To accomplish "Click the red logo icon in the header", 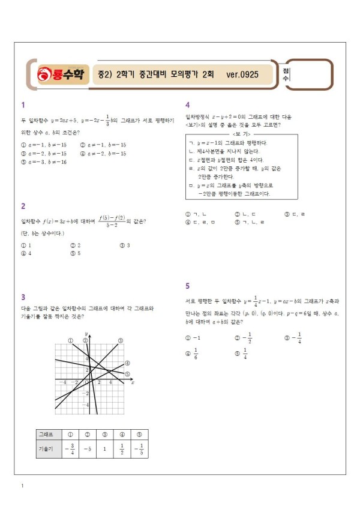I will [45, 74].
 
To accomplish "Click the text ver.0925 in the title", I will [242, 75].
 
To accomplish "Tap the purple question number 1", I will [23, 104].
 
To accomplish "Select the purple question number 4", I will [187, 104].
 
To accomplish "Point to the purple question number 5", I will [187, 286].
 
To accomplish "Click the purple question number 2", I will [23, 206].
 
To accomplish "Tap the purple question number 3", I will [23, 297].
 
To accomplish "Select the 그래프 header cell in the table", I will [46, 434].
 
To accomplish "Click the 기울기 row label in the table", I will [46, 448].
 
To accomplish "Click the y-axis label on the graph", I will [87, 334].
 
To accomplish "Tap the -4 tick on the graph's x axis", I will [62, 382].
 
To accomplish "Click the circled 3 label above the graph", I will [120, 340].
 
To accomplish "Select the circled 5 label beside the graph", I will [127, 373].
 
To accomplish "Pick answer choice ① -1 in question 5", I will [193, 338].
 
